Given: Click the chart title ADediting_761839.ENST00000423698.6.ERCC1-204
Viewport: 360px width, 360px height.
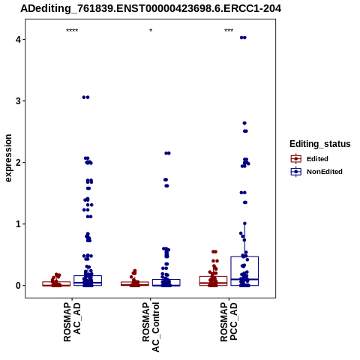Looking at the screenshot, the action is click(x=151, y=8).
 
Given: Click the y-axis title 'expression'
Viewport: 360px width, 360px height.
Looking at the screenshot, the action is click(x=8, y=158).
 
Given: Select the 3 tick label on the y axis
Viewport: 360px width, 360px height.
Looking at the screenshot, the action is click(x=18, y=101).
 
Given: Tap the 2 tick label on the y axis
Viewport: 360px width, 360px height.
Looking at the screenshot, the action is click(x=18, y=163).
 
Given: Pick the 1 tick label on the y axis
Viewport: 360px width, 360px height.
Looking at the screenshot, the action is click(x=18, y=224).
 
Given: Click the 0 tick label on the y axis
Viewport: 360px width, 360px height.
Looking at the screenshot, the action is click(x=18, y=286).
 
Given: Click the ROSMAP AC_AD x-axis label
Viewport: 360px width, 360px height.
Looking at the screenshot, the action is click(x=72, y=322).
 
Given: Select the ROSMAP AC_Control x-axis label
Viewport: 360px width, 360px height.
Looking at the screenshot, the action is click(x=151, y=327).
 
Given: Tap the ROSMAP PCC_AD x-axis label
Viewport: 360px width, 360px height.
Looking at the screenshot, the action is click(x=229, y=322).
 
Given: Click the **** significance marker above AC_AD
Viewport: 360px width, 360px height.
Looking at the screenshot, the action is click(x=72, y=31).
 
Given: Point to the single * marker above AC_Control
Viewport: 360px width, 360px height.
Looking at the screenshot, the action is click(x=151, y=31).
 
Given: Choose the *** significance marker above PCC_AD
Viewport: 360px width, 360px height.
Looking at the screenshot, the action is click(x=229, y=31).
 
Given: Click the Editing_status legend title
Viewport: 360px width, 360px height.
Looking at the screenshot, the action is click(x=320, y=144).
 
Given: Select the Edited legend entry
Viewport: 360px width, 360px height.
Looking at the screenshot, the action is click(x=310, y=159).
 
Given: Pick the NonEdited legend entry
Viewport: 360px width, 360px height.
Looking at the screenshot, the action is click(x=316, y=172).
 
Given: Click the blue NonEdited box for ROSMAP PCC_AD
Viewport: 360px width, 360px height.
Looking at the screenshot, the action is click(x=244, y=256).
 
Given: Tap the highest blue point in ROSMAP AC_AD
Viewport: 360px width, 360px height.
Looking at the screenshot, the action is click(x=85, y=97).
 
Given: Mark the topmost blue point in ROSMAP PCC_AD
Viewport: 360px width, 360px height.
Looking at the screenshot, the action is click(x=243, y=37).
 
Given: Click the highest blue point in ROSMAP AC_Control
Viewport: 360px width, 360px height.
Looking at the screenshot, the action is click(x=167, y=153).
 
